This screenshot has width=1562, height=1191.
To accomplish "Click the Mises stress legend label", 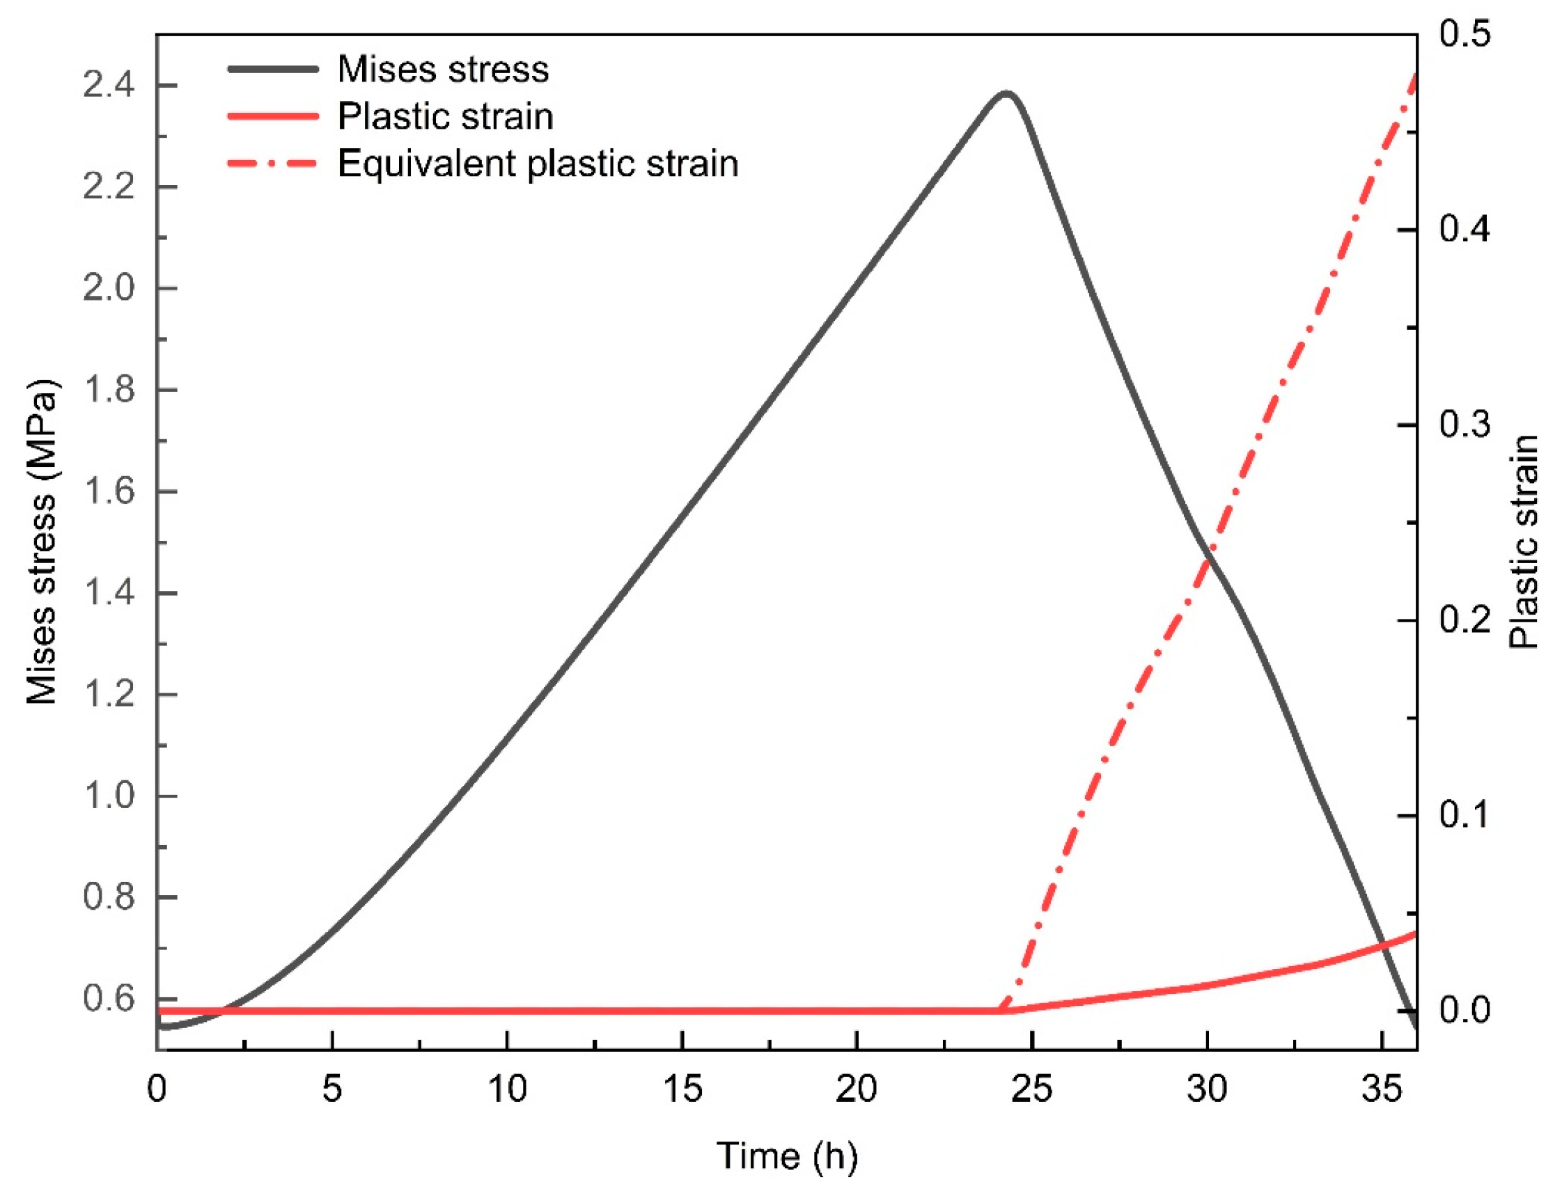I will coord(442,70).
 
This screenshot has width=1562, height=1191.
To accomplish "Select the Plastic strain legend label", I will coord(444,116).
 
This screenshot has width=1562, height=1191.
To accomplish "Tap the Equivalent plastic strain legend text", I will coord(538,164).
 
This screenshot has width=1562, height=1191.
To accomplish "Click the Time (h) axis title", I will coord(787,1156).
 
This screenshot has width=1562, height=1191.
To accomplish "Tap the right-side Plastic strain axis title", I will coord(1524,542).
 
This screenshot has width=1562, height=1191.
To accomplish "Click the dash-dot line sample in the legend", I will coord(272,164).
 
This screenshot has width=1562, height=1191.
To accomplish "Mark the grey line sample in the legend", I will coord(272,70).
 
